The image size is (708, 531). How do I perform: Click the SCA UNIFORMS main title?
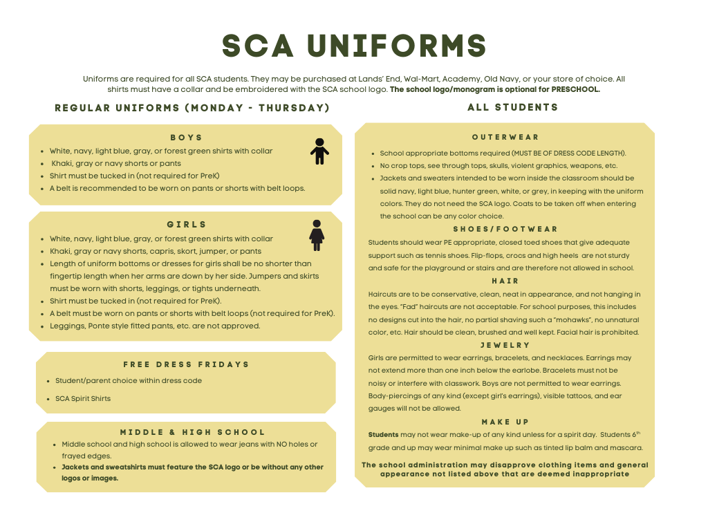(354, 46)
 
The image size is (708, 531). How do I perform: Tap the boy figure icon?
(319, 151)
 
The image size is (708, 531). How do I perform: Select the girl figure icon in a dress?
(317, 235)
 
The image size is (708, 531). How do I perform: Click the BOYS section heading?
(187, 138)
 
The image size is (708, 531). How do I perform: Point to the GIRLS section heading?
(187, 225)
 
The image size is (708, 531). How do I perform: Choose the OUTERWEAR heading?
(505, 138)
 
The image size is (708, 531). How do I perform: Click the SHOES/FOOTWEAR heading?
(505, 229)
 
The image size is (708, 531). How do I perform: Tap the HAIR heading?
(505, 281)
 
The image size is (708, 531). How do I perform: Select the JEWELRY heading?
(505, 345)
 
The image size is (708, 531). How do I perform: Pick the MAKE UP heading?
(505, 422)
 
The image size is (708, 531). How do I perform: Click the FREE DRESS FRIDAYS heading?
(186, 364)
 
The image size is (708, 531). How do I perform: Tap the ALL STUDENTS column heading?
(512, 107)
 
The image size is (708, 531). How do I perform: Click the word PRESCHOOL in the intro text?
(576, 89)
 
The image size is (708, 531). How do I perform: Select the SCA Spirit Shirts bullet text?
(83, 398)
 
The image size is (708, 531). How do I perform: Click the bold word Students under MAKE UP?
(383, 434)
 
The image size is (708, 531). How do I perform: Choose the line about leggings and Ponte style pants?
(155, 326)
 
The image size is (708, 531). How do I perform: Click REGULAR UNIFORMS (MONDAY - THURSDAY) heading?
(192, 108)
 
